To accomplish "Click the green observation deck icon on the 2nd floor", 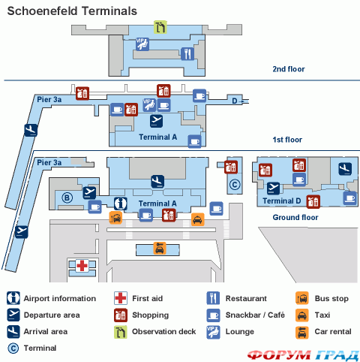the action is pos(160,27).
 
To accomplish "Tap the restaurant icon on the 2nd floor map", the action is pos(187,53).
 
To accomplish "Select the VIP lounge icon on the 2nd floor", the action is pos(142,44).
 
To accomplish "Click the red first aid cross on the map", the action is pos(82,266).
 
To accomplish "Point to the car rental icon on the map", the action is pos(160,249).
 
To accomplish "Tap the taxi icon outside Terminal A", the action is pos(198,219).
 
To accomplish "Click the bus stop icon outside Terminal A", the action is pos(115,218).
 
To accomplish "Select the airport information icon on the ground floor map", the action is pos(121,204).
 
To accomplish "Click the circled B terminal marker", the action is pos(67,198).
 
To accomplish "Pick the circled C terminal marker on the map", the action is pos(235,185).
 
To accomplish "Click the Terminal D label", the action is pos(281,201).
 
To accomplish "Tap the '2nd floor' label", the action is pos(289,69).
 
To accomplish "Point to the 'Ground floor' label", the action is pos(295,217).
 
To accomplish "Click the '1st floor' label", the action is pos(287,140).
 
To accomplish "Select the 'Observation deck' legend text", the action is pos(163,331).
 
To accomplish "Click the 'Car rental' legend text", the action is pos(333,331).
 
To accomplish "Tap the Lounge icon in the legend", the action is pos(213,332).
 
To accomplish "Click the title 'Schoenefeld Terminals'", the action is pos(72,11).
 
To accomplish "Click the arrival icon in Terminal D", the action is pos(345,169).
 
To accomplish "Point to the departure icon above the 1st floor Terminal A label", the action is pos(157,121).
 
